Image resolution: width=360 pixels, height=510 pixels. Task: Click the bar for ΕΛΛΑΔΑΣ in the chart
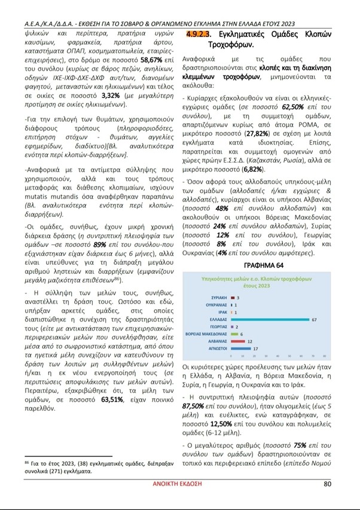point(269,320)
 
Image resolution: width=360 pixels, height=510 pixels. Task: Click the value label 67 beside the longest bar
point(314,320)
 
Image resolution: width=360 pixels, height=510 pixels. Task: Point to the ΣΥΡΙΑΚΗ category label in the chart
point(218,298)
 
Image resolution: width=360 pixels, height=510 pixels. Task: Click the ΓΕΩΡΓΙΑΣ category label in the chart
point(216,326)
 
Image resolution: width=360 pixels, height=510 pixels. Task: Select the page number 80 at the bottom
point(327,484)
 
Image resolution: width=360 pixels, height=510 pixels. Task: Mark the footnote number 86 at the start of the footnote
point(27,462)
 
